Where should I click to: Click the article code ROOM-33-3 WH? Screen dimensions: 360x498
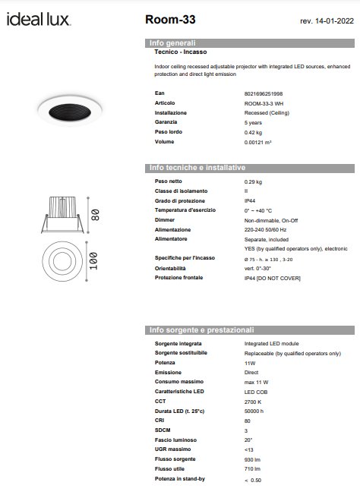265,102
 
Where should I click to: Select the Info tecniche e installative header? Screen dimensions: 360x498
197,167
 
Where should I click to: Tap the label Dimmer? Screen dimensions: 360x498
166,219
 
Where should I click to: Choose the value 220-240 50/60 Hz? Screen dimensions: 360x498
265,229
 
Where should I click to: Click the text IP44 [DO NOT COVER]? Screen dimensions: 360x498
272,279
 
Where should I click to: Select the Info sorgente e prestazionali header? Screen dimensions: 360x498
201,330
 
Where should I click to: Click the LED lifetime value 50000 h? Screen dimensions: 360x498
254,411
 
